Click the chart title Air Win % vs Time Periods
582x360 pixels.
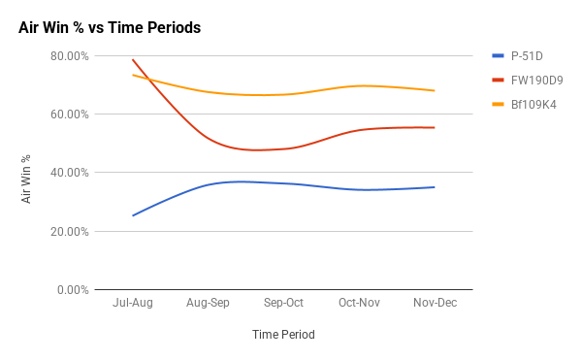coord(110,28)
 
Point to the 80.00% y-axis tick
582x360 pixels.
coord(69,55)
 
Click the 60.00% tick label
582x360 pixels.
coord(69,115)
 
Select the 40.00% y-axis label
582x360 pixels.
coord(69,173)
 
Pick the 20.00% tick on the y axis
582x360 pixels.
coord(69,232)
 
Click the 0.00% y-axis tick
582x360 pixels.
coord(72,290)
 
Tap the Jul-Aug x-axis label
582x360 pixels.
coord(133,303)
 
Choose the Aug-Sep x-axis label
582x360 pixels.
coord(209,303)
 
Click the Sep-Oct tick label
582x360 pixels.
coord(283,303)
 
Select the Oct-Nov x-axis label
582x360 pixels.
coord(359,303)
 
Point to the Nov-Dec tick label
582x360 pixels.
coord(434,303)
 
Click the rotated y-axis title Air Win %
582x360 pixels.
coord(27,174)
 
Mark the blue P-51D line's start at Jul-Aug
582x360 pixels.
coord(133,215)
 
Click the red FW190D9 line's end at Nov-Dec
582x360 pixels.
coord(434,127)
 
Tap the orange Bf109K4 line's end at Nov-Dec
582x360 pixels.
coord(434,90)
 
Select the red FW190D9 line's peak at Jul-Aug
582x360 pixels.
coord(133,59)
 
